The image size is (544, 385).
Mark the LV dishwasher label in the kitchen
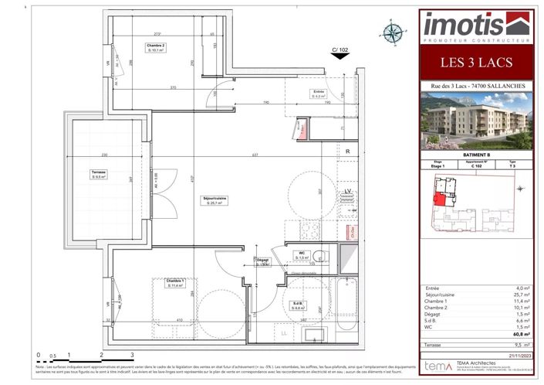coord(348,190)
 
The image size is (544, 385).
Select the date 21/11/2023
coord(518,356)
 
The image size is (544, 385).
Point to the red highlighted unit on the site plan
coord(438,200)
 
